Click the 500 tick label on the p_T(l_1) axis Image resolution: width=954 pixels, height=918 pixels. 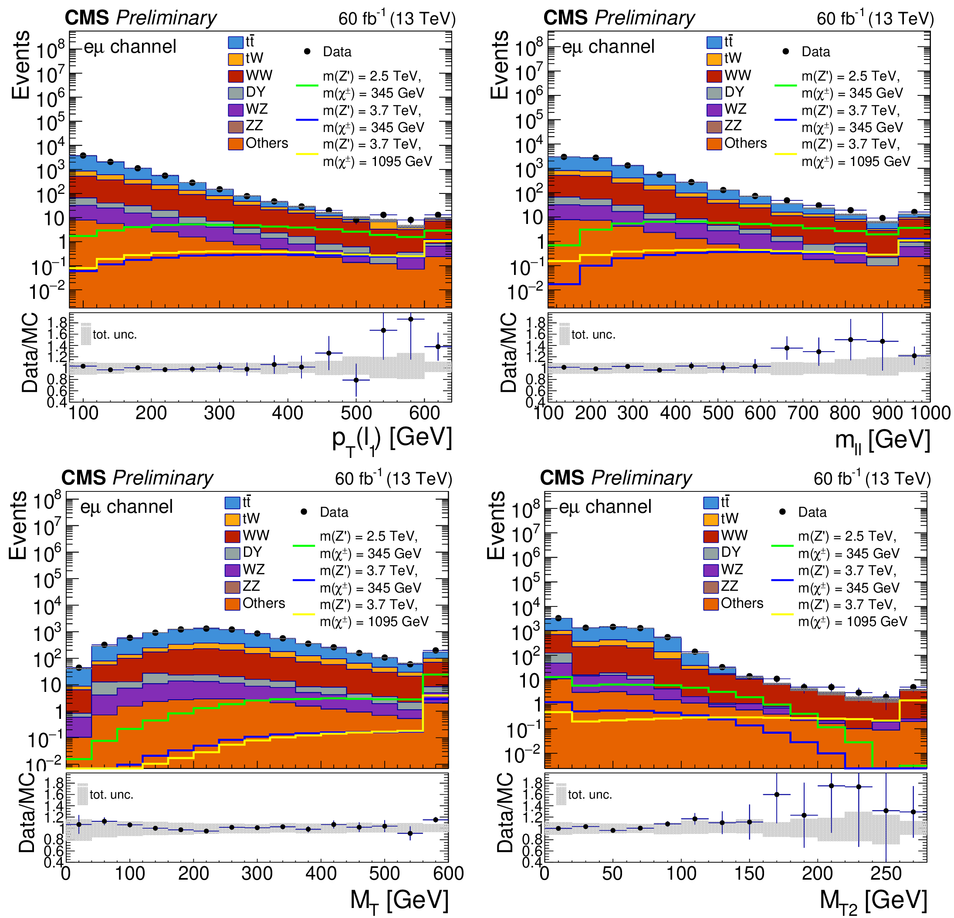coord(356,413)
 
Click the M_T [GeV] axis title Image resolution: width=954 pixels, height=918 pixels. coord(399,901)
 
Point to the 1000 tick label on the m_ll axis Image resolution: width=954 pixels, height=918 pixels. coord(930,413)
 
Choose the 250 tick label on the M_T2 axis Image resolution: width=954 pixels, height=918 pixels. coord(886,873)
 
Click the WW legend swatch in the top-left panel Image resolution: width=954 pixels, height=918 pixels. coord(236,76)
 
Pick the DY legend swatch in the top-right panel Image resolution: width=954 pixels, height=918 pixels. coord(714,92)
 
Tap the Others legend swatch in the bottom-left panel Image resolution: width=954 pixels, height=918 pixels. coord(232,603)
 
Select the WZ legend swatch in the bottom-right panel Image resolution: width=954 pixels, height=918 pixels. coord(710,570)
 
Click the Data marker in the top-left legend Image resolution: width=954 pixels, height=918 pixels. coord(307,51)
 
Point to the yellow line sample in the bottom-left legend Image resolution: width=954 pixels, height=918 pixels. coord(304,614)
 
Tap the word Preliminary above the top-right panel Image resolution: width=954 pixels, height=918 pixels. coord(645,18)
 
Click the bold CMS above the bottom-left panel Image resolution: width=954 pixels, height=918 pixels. coord(85,478)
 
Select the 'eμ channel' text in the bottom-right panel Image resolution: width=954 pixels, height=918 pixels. coord(605,507)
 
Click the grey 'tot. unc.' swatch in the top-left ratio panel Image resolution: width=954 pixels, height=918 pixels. coord(86,335)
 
